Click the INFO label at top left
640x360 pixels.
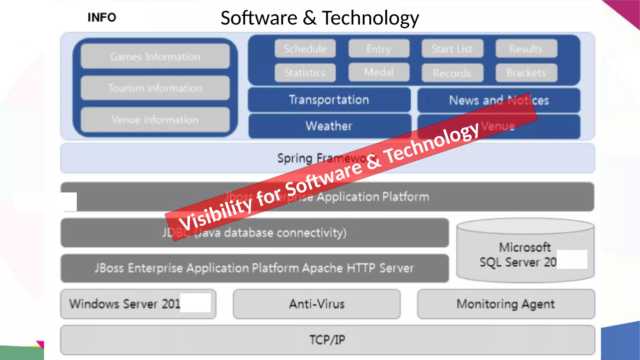(x=102, y=17)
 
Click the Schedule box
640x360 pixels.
(x=305, y=49)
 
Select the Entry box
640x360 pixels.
(x=379, y=49)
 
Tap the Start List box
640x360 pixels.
(x=452, y=49)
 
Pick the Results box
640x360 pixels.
(x=526, y=49)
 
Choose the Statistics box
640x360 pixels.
(x=305, y=73)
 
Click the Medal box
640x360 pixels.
(x=379, y=72)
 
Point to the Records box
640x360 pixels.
(x=452, y=73)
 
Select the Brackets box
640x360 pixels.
(x=526, y=73)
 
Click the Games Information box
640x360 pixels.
(x=155, y=57)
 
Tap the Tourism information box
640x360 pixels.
(x=155, y=88)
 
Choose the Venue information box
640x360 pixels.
(x=155, y=120)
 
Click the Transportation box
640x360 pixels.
(x=329, y=100)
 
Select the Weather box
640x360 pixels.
(x=329, y=126)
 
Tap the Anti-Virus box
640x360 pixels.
(x=317, y=304)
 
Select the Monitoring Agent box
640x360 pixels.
(x=506, y=304)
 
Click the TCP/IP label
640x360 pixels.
(x=327, y=340)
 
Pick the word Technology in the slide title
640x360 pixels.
(x=370, y=18)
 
